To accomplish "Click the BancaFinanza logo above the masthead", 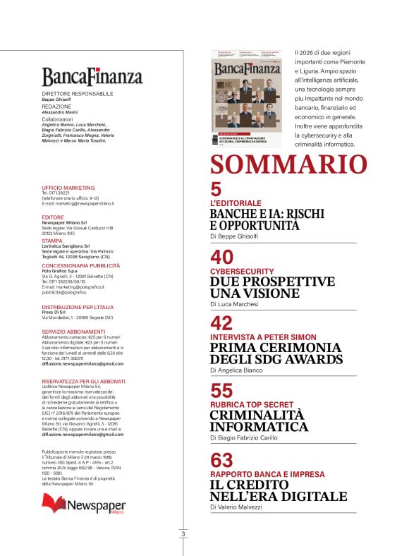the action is tap(92, 76).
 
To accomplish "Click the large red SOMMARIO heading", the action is tap(288, 164).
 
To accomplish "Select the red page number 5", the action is tap(216, 190).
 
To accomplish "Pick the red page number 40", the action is tap(222, 258).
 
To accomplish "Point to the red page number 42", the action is tap(222, 324).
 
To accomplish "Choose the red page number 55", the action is tap(222, 391).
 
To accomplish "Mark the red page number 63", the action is tap(222, 460).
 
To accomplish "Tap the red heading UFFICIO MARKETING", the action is tap(68, 188).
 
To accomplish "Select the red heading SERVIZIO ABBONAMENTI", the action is tap(73, 332).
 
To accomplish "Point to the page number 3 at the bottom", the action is tap(183, 534).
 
